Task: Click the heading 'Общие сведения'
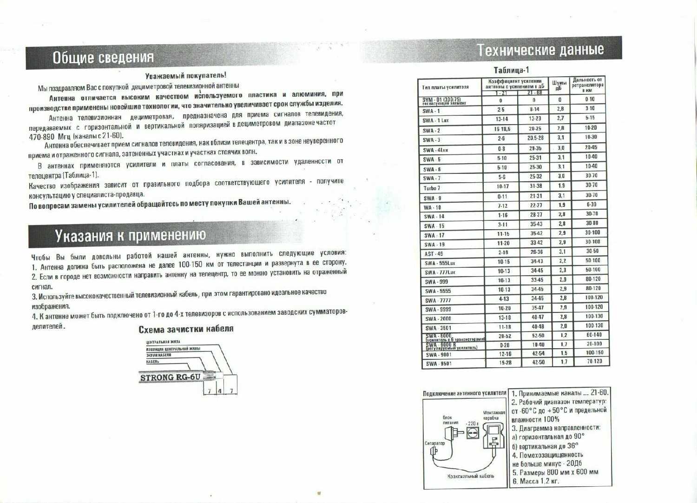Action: point(103,58)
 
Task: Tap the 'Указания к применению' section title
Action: point(130,236)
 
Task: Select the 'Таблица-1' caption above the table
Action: point(511,70)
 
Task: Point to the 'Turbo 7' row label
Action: point(432,188)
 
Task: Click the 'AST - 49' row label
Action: point(434,254)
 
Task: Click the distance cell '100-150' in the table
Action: point(594,353)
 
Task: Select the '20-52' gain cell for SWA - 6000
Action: point(505,336)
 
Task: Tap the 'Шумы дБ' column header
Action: point(559,85)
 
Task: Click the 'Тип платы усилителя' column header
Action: point(445,87)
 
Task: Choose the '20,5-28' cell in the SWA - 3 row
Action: point(535,138)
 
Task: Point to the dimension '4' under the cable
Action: point(219,391)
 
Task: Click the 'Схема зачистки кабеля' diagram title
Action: point(186,329)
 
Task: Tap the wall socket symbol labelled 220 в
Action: point(471,433)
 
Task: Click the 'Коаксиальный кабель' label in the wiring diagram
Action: point(470,476)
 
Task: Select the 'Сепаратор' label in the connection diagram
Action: point(434,443)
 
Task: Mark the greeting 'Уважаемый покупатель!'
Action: point(185,75)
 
